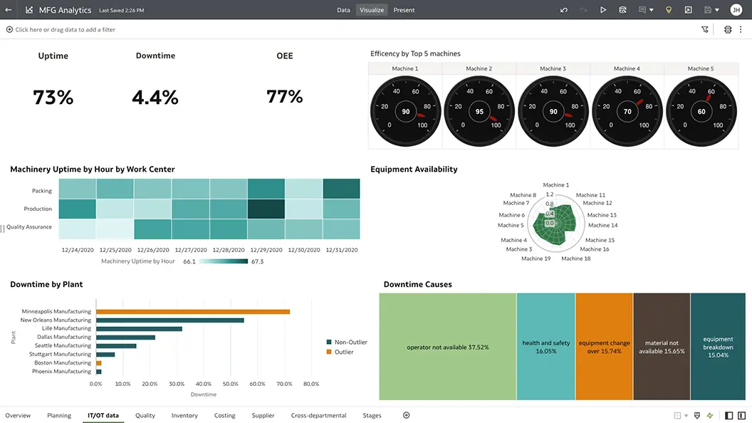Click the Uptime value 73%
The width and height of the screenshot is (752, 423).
pos(53,97)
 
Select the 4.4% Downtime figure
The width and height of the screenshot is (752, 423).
pos(155,97)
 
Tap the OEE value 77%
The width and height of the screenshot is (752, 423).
pos(285,97)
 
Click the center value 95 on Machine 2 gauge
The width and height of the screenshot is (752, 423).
pos(479,112)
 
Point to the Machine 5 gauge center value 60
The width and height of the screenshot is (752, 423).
pos(701,112)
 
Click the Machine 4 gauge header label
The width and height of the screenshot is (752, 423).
pos(627,68)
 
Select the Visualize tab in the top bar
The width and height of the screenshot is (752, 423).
pos(372,10)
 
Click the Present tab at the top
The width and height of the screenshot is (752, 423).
pos(404,10)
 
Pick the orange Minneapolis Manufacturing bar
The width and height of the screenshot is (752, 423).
pos(193,311)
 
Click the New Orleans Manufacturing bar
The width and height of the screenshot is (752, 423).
pos(170,320)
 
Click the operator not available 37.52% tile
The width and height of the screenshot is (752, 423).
pos(447,347)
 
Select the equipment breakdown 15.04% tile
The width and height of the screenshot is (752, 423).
pos(718,347)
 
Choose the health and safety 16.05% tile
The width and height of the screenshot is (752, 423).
pos(545,347)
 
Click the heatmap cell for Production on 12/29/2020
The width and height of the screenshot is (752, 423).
pos(266,209)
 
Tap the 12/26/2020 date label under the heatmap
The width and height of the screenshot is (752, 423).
pos(152,250)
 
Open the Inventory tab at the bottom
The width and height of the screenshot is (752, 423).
pos(184,415)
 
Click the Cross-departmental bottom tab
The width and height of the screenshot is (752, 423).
pos(318,415)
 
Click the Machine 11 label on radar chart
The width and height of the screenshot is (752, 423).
pos(591,195)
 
